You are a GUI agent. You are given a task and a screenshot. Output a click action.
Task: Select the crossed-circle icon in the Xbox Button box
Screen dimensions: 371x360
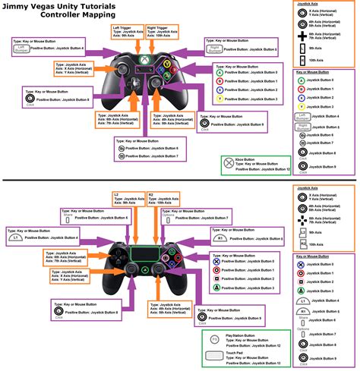(229, 163)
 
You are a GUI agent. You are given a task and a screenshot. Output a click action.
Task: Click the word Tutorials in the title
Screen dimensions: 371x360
(98, 8)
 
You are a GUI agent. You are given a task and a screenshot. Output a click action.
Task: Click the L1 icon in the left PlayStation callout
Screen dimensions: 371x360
(14, 238)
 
